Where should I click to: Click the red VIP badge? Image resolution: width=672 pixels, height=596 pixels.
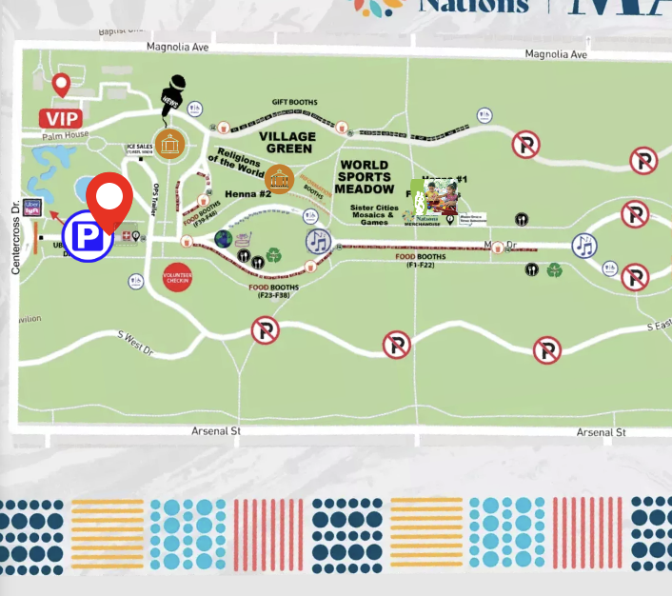coord(60,118)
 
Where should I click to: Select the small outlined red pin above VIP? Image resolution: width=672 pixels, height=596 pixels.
coord(62,86)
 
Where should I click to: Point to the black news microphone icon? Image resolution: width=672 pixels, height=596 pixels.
coord(172,96)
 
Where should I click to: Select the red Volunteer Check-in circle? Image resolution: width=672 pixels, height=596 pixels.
coord(177,276)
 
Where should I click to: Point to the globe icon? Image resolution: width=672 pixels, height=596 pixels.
coord(224,238)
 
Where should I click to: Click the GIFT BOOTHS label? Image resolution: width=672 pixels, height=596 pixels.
coord(294,102)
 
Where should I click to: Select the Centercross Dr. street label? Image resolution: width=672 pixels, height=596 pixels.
coord(15,239)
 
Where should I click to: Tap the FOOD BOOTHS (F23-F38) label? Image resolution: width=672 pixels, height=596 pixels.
coord(273,290)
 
